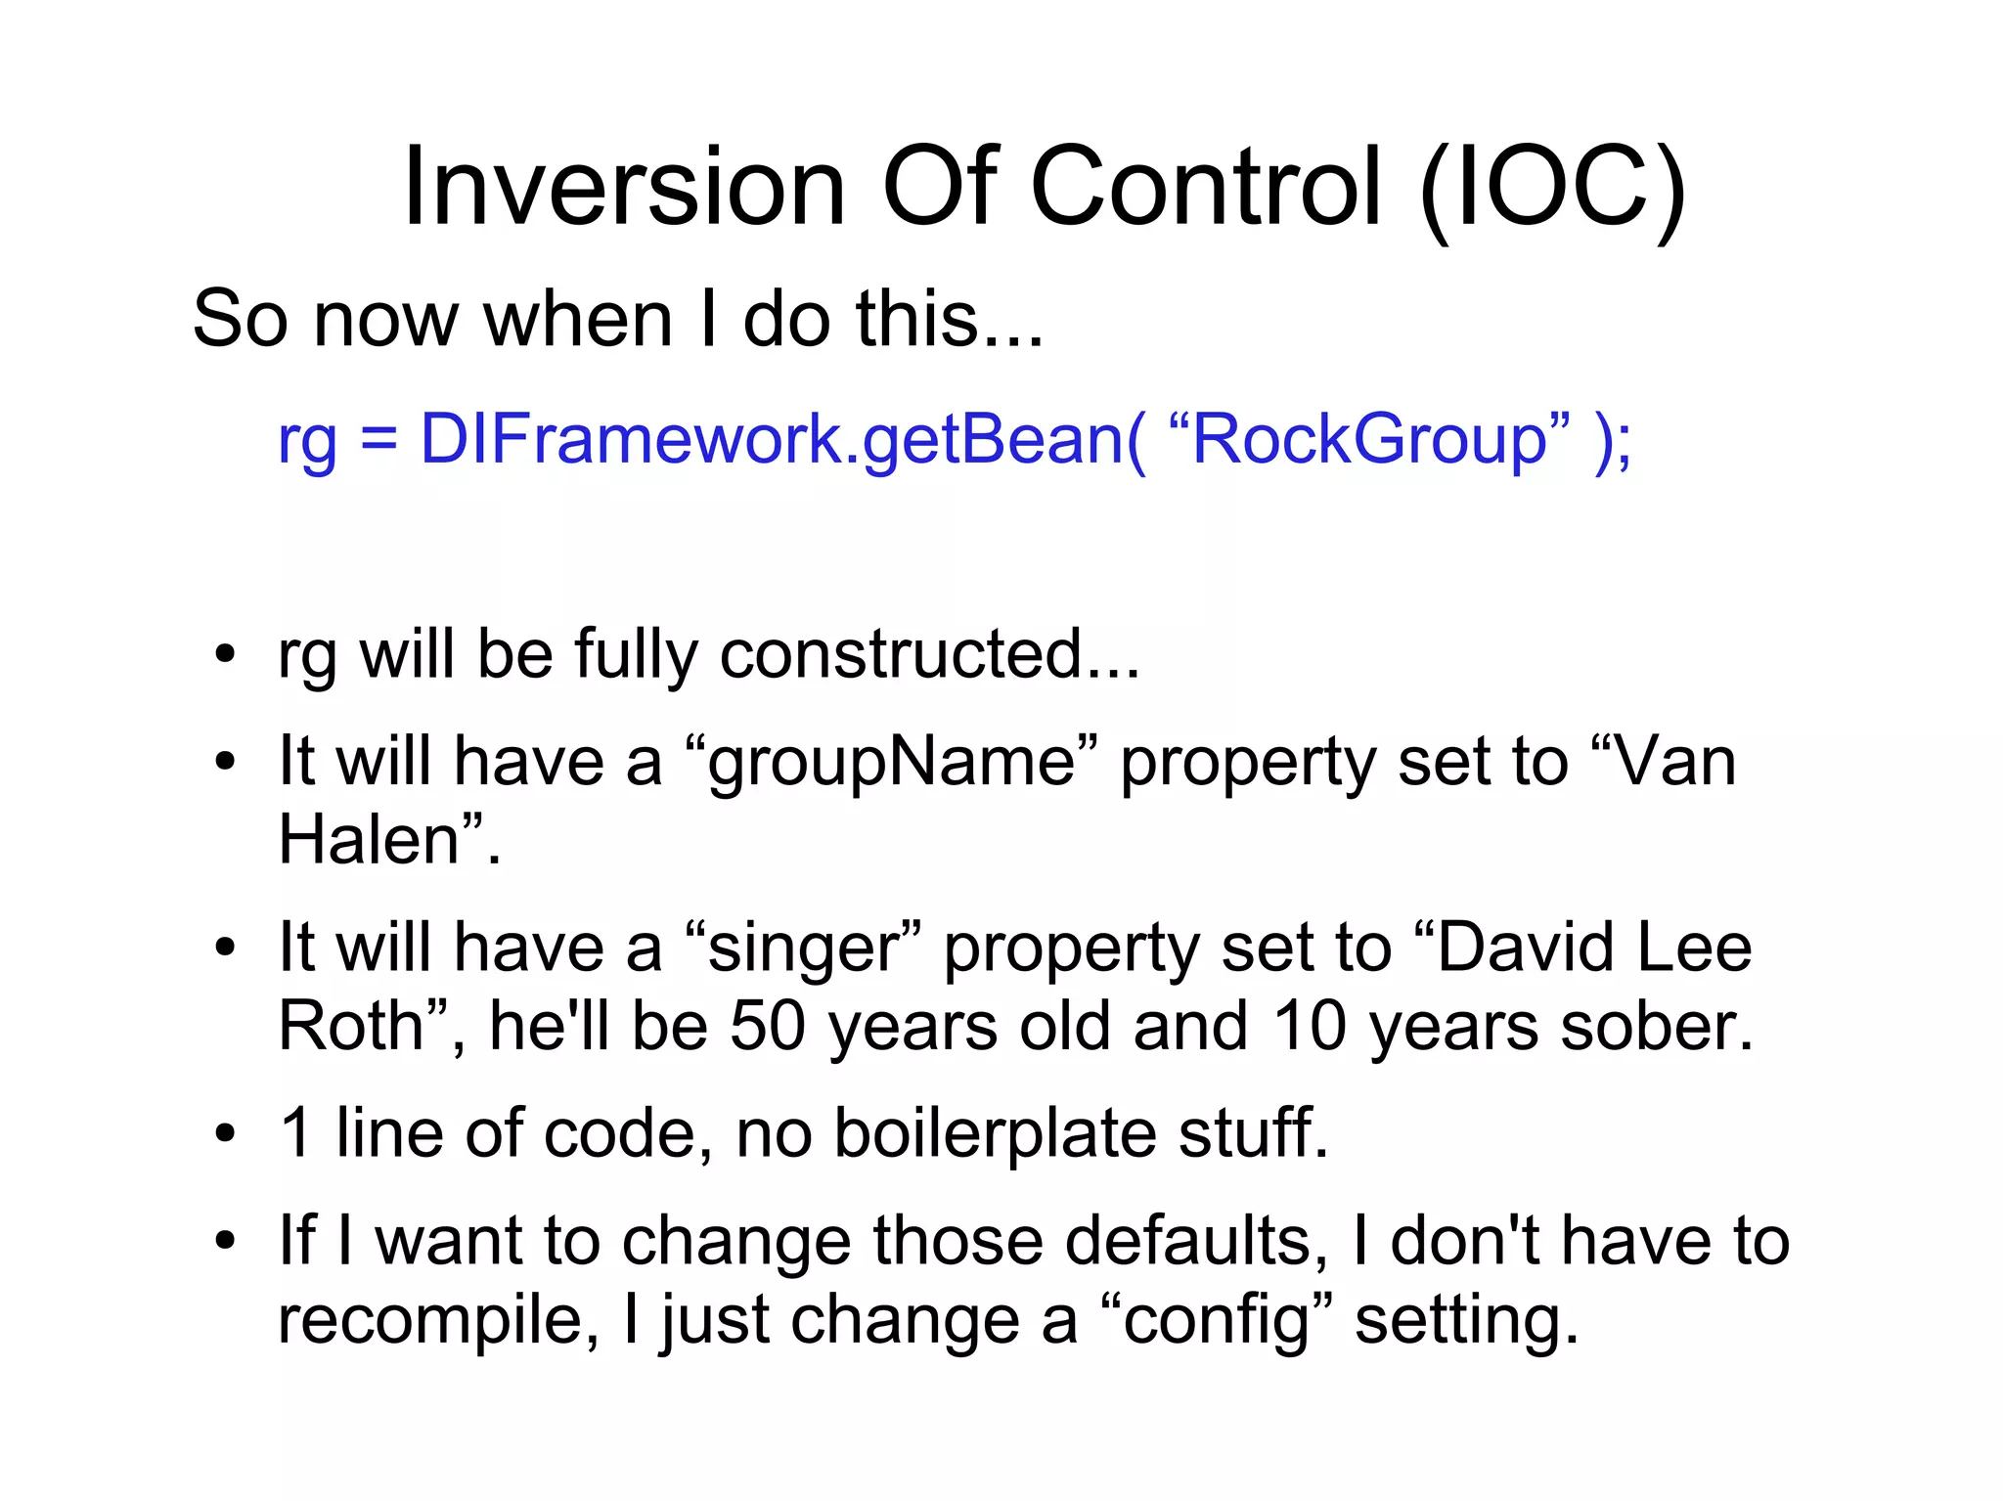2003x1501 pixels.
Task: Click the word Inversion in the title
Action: tap(624, 186)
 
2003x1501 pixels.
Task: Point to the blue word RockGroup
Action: tap(1368, 440)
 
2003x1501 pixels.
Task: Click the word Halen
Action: tap(369, 840)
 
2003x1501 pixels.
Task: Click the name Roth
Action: tap(351, 1026)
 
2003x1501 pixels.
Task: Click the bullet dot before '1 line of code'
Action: tap(226, 1134)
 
